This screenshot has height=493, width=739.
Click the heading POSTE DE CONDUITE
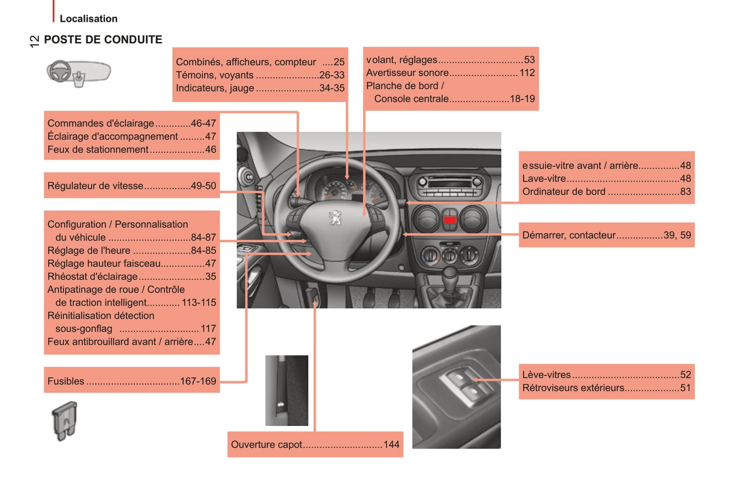coord(103,40)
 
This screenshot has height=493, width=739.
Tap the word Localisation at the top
coord(88,19)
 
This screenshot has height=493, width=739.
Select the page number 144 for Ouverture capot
coord(391,444)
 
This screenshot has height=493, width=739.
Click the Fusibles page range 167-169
coord(198,381)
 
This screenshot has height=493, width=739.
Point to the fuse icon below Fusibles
coord(64,420)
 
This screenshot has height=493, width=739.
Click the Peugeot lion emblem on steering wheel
coord(335,218)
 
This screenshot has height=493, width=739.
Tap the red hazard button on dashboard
coord(450,220)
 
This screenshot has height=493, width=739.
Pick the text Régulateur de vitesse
coord(96,186)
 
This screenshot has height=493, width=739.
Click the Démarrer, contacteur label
coord(569,235)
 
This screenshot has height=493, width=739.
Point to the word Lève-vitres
coord(546,375)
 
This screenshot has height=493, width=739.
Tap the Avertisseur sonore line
coord(407,73)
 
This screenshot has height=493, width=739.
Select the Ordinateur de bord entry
coord(564,192)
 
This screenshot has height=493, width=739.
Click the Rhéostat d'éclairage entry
coord(93,277)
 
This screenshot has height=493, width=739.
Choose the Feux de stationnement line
coord(98,149)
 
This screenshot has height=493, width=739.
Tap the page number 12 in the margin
coord(34,41)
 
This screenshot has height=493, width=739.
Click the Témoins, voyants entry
coord(215,75)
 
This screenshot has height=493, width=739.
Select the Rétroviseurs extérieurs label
coord(573,388)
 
